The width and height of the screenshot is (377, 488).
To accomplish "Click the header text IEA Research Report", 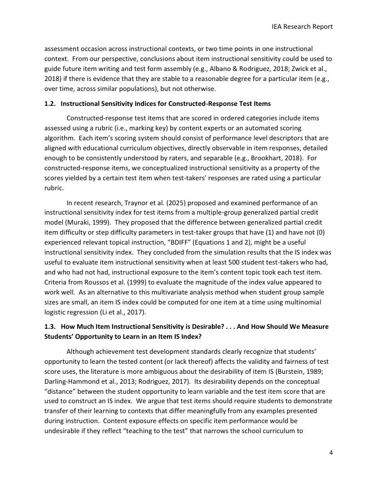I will (302, 26).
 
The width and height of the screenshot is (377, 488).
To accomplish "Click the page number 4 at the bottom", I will (330, 467).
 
